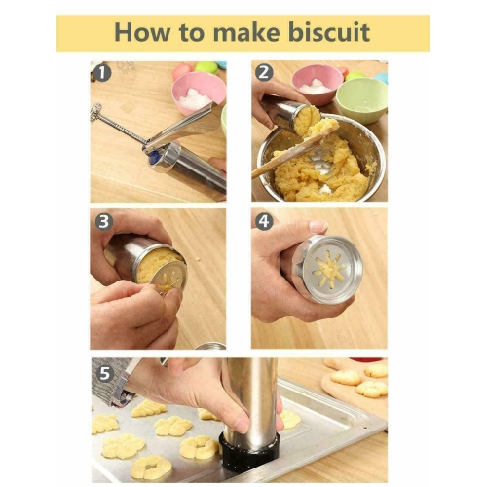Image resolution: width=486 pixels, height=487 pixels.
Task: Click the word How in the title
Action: point(143,32)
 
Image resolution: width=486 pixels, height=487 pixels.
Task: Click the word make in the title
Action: point(245,32)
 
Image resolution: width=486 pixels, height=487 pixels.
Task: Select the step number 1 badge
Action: point(102,72)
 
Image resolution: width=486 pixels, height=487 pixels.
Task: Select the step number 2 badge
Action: point(264,72)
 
